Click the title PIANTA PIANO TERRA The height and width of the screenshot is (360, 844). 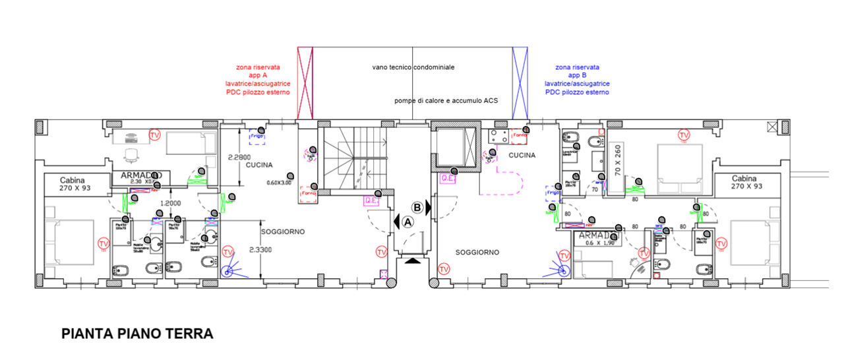tap(137, 334)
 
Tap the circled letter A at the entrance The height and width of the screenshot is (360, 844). tap(407, 222)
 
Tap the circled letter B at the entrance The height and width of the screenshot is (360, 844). tap(417, 208)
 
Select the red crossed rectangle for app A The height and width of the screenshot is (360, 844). tap(305, 83)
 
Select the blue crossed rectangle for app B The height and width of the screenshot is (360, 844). tap(520, 83)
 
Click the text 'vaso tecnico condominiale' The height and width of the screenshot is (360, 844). tap(413, 67)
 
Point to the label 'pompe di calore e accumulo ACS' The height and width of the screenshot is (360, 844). tap(446, 100)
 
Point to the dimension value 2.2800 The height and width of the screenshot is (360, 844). tap(239, 158)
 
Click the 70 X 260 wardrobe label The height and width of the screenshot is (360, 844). tap(617, 159)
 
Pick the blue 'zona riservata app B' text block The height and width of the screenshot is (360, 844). tap(577, 80)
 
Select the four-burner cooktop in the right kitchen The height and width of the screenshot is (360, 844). tap(498, 136)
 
